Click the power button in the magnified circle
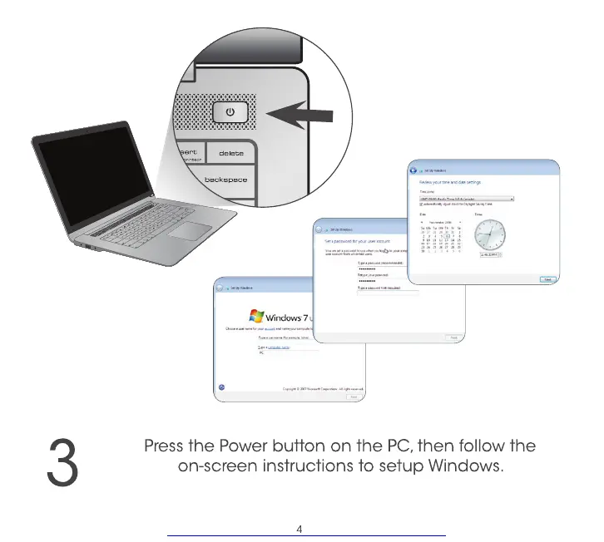(230, 111)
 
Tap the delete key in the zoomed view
(230, 153)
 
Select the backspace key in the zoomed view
(225, 180)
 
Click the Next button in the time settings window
(548, 280)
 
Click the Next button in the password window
(453, 338)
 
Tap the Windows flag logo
(256, 316)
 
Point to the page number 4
(300, 528)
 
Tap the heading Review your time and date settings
(450, 181)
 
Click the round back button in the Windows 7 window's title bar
(219, 287)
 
